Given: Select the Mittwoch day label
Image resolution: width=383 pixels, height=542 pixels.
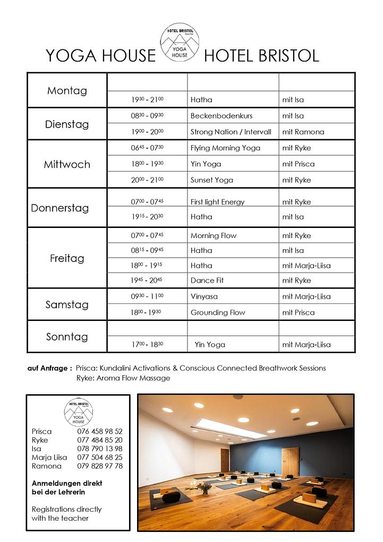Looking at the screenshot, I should pyautogui.click(x=67, y=164).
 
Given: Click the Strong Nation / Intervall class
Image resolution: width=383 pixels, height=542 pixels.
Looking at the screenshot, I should pyautogui.click(x=231, y=132).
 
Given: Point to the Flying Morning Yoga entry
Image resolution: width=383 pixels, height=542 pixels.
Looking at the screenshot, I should pyautogui.click(x=225, y=148).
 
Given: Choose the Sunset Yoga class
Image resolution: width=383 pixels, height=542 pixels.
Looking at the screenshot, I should pyautogui.click(x=211, y=180).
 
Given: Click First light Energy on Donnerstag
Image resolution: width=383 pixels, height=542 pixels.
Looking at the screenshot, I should pyautogui.click(x=217, y=202).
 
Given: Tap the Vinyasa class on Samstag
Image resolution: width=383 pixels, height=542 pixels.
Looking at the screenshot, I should pyautogui.click(x=204, y=297).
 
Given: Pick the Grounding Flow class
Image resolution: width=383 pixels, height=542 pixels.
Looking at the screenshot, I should pyautogui.click(x=218, y=312).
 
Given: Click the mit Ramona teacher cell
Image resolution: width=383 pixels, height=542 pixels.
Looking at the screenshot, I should pyautogui.click(x=303, y=132).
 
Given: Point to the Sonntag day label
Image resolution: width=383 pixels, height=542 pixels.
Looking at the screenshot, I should pyautogui.click(x=67, y=336).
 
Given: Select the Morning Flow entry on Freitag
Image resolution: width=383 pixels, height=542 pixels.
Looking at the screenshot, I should pyautogui.click(x=214, y=235).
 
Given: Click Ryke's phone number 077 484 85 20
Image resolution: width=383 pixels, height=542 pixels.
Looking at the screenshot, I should pyautogui.click(x=100, y=440).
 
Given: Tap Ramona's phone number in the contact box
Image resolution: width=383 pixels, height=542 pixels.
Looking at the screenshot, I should pyautogui.click(x=100, y=466).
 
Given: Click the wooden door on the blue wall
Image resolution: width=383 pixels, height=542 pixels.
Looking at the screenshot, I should pyautogui.click(x=290, y=462).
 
